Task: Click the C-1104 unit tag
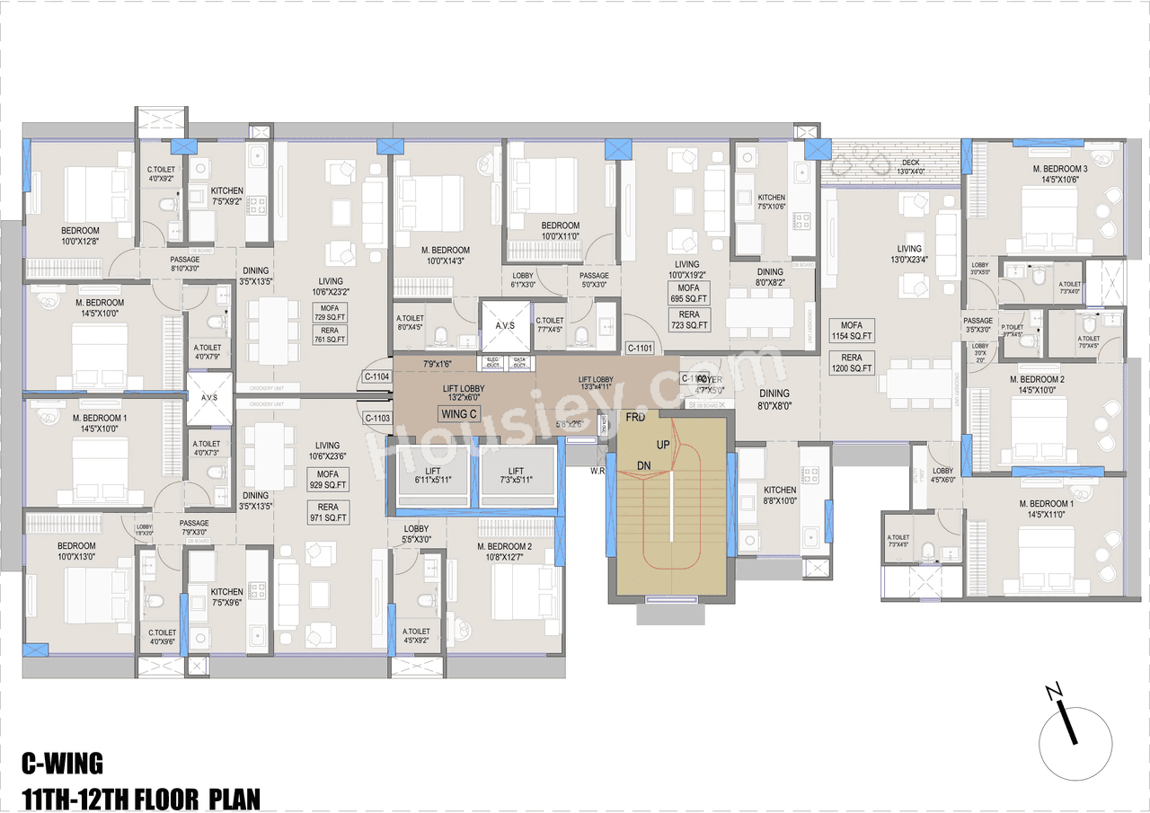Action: click(377, 377)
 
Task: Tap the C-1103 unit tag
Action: click(377, 418)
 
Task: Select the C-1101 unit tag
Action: click(640, 348)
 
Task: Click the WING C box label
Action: click(458, 414)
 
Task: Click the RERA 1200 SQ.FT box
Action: click(852, 363)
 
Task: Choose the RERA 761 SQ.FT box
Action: click(330, 334)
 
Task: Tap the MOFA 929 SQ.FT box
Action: click(328, 479)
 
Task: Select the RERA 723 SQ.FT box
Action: click(689, 320)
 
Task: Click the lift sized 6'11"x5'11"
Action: click(433, 477)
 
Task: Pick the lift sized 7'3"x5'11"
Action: click(516, 477)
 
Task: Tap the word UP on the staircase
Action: click(663, 445)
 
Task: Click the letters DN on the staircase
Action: click(643, 465)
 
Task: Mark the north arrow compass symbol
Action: click(1075, 741)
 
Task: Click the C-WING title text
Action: click(62, 764)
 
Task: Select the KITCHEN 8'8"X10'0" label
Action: click(779, 496)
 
